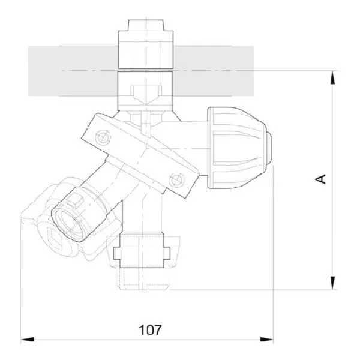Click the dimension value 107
point(150,329)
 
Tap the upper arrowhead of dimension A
point(332,78)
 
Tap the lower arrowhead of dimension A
point(332,283)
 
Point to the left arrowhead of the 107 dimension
point(28,340)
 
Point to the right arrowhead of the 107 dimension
point(266,340)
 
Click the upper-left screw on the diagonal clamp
point(103,137)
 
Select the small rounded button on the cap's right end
point(269,148)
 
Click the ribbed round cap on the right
point(237,148)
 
